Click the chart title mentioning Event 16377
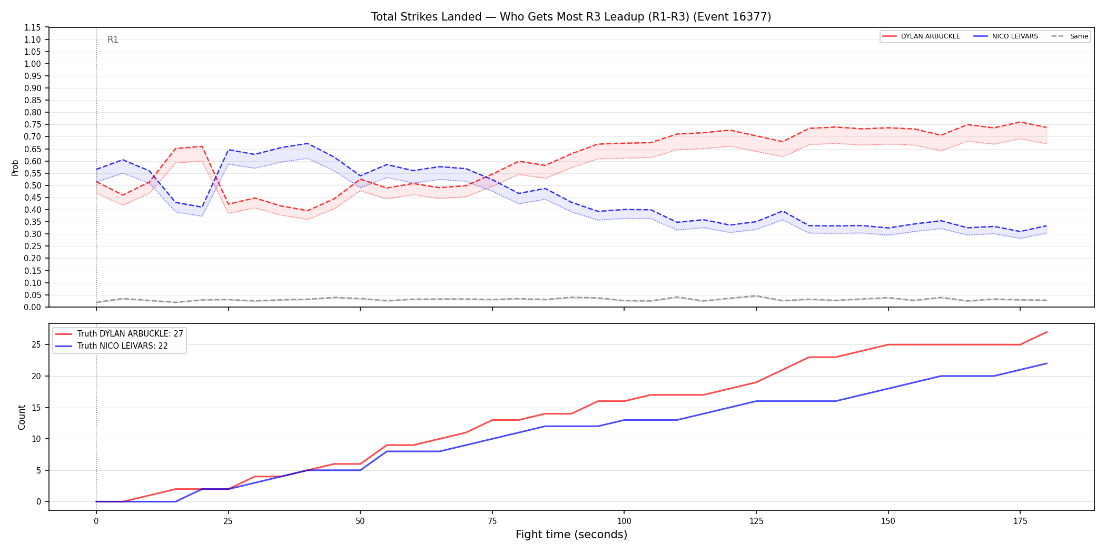click(571, 17)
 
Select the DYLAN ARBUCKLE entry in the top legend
click(921, 36)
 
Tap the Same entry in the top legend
click(1069, 36)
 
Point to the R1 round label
click(113, 39)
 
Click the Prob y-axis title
click(15, 167)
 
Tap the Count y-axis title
click(22, 417)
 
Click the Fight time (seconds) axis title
click(571, 535)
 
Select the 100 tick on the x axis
click(624, 521)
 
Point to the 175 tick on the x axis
click(1020, 521)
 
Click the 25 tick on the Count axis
click(36, 345)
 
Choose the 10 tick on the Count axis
click(36, 439)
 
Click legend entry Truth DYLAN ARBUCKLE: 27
click(120, 334)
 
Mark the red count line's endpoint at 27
click(1046, 332)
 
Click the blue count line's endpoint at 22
click(1046, 363)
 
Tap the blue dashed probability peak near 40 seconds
click(308, 143)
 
